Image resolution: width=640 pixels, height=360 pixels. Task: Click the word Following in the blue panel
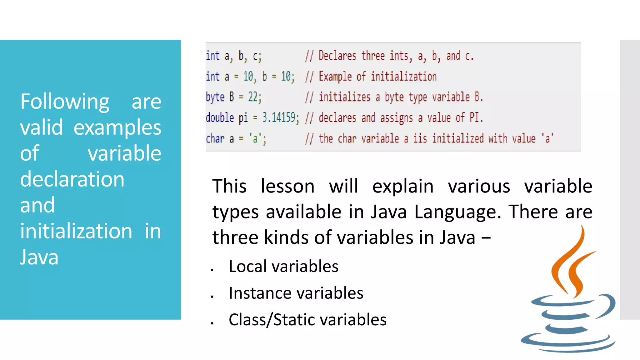click(x=65, y=102)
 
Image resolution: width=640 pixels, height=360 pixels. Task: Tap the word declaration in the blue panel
click(x=72, y=179)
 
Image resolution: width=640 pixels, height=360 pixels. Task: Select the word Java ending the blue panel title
click(x=39, y=257)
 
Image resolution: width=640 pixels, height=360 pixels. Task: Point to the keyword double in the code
click(x=220, y=118)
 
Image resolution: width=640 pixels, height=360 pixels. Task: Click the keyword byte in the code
click(x=215, y=97)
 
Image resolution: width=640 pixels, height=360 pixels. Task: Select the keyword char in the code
click(x=215, y=138)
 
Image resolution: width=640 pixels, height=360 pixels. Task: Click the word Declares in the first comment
click(x=337, y=56)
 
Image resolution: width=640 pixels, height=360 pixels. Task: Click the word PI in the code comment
click(x=474, y=118)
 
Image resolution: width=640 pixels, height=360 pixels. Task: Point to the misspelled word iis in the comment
click(x=420, y=138)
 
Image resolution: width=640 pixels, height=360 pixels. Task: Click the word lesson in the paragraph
click(x=287, y=187)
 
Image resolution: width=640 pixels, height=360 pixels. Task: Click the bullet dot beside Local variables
click(x=212, y=270)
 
